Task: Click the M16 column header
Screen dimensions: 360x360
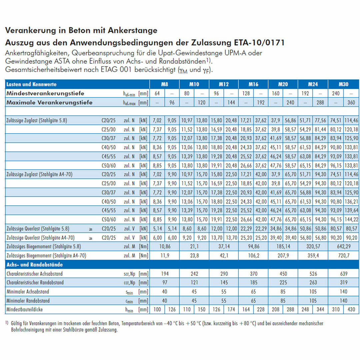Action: pyautogui.click(x=253, y=84)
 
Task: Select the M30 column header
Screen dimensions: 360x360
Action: pyautogui.click(x=343, y=84)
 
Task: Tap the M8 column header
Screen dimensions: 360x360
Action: pyautogui.click(x=164, y=84)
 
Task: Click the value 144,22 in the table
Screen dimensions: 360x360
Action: pyautogui.click(x=351, y=219)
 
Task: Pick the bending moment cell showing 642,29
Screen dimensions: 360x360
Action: pyautogui.click(x=344, y=247)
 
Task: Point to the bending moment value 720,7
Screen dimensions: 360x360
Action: pyautogui.click(x=344, y=256)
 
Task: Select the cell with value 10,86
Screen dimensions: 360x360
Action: pyautogui.click(x=165, y=247)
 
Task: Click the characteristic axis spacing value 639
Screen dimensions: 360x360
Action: pyautogui.click(x=343, y=274)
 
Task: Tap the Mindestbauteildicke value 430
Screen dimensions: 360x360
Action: pyautogui.click(x=351, y=309)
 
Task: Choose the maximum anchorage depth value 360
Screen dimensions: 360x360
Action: pyautogui.click(x=351, y=103)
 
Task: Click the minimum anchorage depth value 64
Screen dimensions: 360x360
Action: pyautogui.click(x=157, y=93)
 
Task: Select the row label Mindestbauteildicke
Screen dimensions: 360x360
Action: pyautogui.click(x=25, y=309)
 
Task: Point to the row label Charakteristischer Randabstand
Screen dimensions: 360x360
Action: pyautogui.click(x=35, y=283)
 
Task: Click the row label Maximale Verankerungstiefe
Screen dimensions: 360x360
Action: pyautogui.click(x=49, y=102)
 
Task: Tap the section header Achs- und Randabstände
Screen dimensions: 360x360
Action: pyautogui.click(x=34, y=265)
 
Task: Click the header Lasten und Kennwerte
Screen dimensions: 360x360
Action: pyautogui.click(x=31, y=84)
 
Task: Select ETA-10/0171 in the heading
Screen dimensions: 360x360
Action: pyautogui.click(x=259, y=42)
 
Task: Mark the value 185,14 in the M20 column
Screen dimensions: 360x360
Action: pyautogui.click(x=283, y=247)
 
